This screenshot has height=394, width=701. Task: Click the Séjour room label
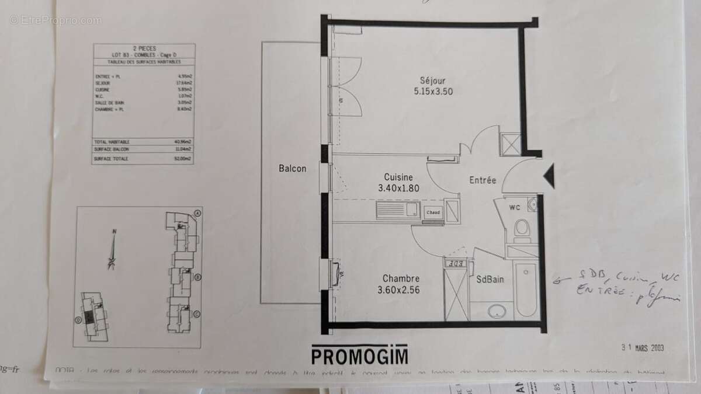coord(432,80)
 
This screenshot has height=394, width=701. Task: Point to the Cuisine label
coord(399,177)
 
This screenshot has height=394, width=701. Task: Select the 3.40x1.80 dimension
coord(399,188)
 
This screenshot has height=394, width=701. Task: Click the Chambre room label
coord(401,278)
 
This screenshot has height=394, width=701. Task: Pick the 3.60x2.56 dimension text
coord(401,290)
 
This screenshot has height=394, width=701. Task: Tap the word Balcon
coord(292,169)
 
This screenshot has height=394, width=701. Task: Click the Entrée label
coord(483,180)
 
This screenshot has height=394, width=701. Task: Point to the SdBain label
coord(490,280)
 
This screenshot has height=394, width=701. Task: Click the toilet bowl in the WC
coord(522,228)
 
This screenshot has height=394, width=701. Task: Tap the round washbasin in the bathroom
coord(498,310)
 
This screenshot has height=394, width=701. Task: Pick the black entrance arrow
coord(549,175)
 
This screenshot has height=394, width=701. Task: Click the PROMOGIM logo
coord(359,354)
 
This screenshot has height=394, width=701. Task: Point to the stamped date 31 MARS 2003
coord(643,347)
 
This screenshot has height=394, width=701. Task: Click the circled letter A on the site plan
coord(199,212)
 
